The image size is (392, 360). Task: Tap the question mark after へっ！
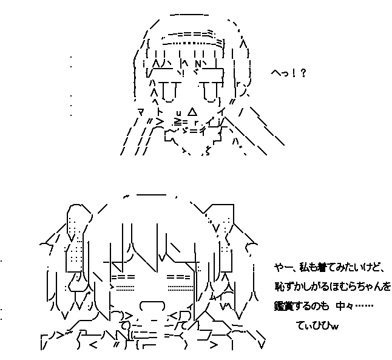coord(303,73)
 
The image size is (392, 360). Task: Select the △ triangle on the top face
coord(192,112)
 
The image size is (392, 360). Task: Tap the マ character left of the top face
coord(141,112)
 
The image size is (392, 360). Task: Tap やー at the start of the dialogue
coord(282,267)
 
